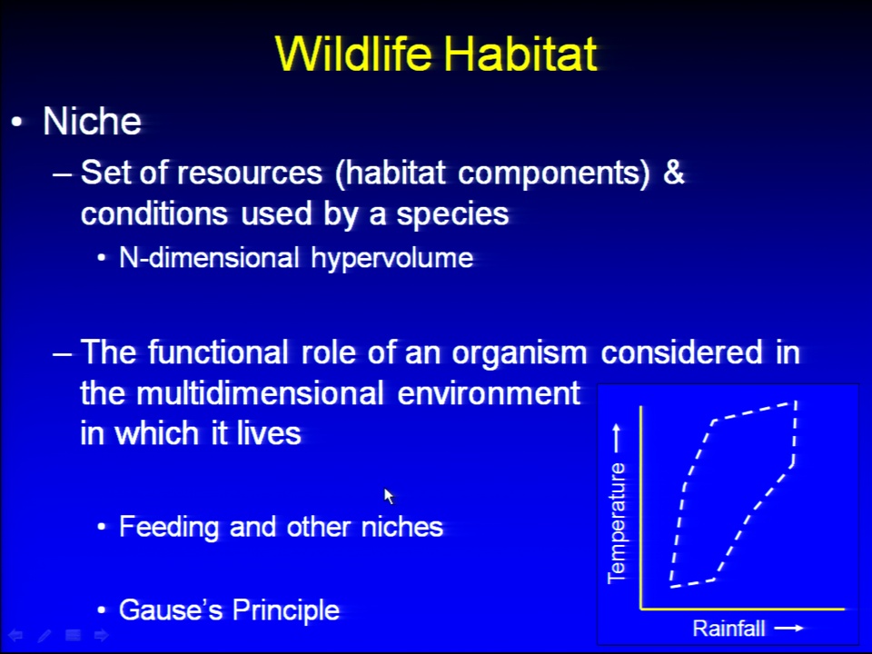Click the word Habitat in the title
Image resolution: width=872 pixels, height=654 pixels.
click(520, 54)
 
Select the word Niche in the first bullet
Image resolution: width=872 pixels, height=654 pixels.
click(93, 121)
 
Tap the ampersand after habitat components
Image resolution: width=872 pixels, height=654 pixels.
click(673, 173)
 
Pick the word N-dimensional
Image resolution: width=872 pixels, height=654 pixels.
click(209, 257)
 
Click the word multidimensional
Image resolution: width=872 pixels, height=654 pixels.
click(260, 393)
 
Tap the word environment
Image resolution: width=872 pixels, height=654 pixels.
click(489, 393)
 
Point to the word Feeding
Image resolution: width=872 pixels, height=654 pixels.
click(169, 527)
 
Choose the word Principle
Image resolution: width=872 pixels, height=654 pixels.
click(286, 610)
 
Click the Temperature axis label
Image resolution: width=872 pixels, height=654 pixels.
click(617, 523)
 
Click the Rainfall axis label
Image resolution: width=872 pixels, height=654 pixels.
click(728, 629)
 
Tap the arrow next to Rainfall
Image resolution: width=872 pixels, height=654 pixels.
click(789, 628)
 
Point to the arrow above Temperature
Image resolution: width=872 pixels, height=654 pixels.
click(616, 438)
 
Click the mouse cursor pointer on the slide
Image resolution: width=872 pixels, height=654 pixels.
click(389, 496)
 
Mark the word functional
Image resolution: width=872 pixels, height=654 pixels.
click(218, 352)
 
